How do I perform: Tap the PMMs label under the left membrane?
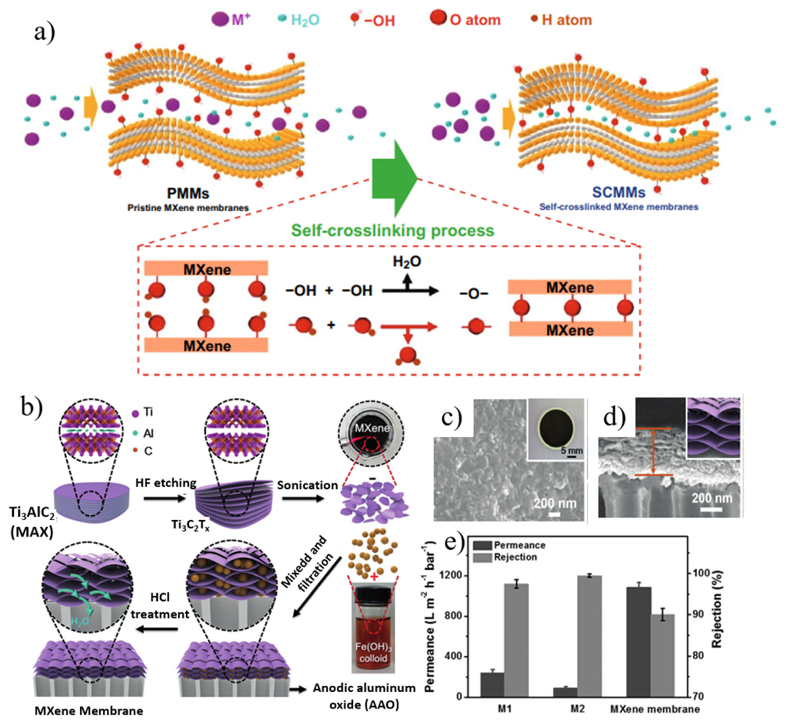coord(188,193)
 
